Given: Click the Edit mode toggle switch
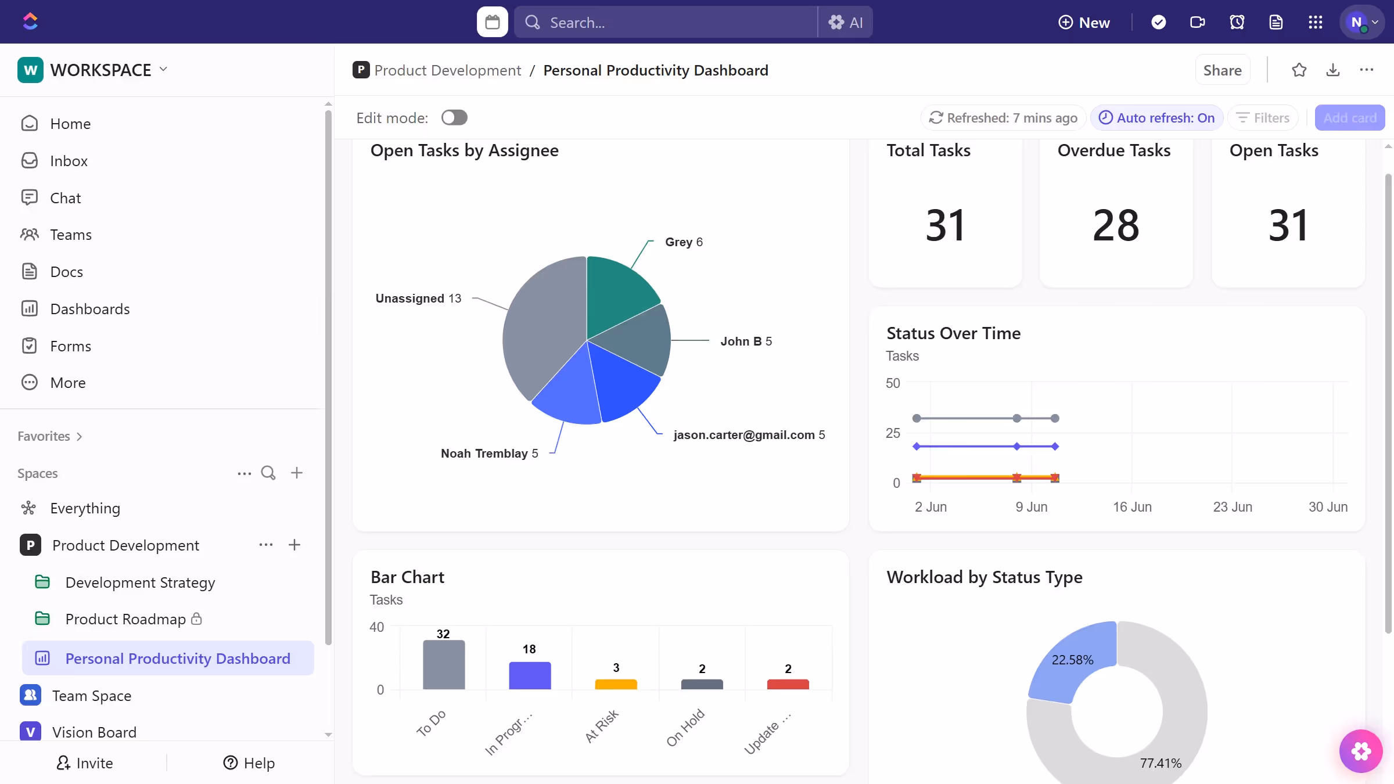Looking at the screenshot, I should [454, 118].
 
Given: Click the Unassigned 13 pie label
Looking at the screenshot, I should [418, 299].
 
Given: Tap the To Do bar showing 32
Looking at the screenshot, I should [444, 665].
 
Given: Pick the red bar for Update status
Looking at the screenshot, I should [788, 684].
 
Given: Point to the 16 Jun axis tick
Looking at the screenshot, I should [1132, 507].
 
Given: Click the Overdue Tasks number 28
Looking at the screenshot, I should [1115, 225].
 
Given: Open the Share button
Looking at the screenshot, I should [1222, 70].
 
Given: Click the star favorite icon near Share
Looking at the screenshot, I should [1299, 70].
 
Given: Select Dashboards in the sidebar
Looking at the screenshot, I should [89, 309].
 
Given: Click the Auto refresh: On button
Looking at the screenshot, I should [1157, 118].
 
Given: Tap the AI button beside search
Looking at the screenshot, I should [846, 23].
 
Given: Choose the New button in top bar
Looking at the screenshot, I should [1084, 23].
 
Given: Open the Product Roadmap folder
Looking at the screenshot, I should [125, 619].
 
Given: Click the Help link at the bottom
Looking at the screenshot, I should [249, 763].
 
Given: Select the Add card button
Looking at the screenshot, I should [1349, 118].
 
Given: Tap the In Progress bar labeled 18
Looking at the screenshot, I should [530, 675].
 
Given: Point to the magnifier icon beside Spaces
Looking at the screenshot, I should [268, 473].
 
